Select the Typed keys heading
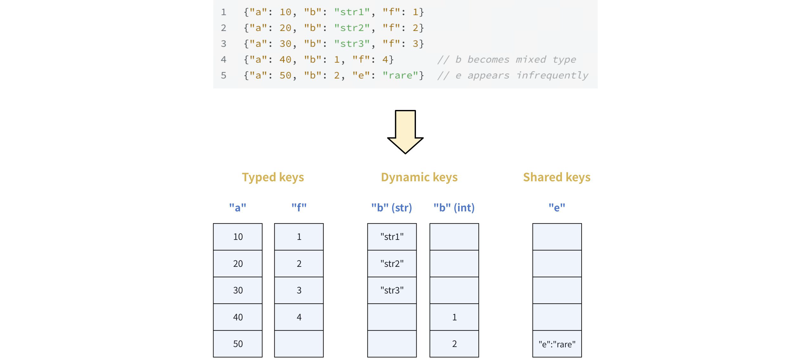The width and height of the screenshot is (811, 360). click(x=273, y=177)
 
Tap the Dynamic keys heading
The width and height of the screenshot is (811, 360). click(x=419, y=177)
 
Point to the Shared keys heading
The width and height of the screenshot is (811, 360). click(x=557, y=177)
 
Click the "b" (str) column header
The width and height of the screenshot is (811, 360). click(x=392, y=208)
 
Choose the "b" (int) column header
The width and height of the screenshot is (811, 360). click(x=454, y=208)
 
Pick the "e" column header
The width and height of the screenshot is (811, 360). click(x=557, y=208)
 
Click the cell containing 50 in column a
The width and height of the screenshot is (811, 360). click(x=238, y=344)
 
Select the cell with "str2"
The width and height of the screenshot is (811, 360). click(x=392, y=264)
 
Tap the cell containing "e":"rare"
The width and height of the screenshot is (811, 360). click(x=557, y=344)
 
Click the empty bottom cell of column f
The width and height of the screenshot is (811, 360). click(x=299, y=344)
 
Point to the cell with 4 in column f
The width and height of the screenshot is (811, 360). click(x=299, y=317)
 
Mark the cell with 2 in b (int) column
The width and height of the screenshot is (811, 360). click(x=454, y=344)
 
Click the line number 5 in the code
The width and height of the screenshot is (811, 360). click(x=224, y=75)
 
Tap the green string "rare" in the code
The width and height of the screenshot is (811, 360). click(x=400, y=75)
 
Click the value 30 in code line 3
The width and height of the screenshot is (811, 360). click(x=285, y=44)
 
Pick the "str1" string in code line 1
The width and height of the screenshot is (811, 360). click(x=352, y=12)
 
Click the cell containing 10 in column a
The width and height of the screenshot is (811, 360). click(x=238, y=237)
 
